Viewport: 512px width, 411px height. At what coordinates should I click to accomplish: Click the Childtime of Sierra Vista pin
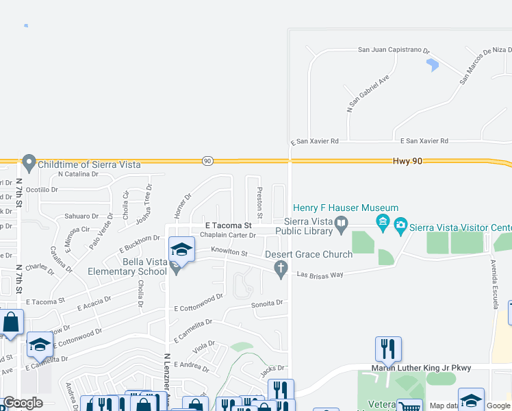click(x=29, y=164)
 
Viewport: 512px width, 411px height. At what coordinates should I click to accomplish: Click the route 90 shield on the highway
click(x=207, y=161)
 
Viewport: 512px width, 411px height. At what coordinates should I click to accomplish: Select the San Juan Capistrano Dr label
click(x=394, y=50)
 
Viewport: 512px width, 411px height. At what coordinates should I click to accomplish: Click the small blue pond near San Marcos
click(x=432, y=65)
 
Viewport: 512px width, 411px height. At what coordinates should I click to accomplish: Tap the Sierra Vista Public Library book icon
click(x=341, y=223)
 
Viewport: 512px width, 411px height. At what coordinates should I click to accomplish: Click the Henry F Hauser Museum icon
click(x=383, y=222)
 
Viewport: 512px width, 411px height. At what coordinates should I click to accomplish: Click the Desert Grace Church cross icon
click(x=281, y=271)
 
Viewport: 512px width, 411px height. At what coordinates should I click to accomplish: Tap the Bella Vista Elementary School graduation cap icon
click(x=181, y=249)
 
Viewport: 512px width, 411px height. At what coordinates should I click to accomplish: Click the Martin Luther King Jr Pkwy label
click(x=421, y=368)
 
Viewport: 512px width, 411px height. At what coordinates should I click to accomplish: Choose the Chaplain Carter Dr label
click(x=218, y=235)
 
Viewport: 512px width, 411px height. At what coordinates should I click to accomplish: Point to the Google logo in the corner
click(x=23, y=403)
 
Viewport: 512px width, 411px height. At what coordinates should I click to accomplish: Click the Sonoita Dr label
click(x=267, y=303)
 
